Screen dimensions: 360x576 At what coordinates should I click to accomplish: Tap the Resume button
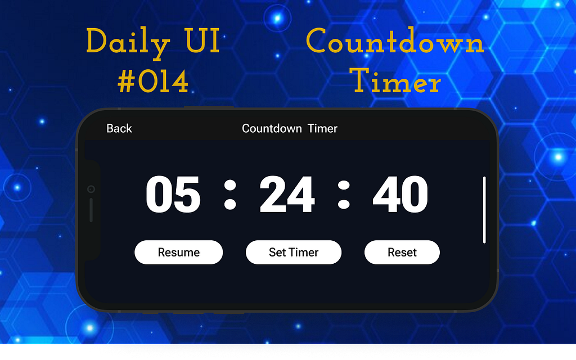(x=178, y=253)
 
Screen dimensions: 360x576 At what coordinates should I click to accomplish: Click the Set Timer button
(x=294, y=253)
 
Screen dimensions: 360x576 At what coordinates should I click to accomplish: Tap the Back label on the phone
(x=119, y=128)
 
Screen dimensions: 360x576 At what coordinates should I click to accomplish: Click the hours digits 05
(x=173, y=195)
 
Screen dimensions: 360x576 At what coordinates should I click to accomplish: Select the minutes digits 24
(x=287, y=195)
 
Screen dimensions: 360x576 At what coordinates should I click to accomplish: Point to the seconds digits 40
(x=400, y=195)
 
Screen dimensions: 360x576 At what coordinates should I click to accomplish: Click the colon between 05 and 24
(x=229, y=195)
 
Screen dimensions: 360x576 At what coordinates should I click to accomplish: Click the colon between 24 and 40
(x=344, y=195)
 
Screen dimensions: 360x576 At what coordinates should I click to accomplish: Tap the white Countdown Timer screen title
(x=289, y=128)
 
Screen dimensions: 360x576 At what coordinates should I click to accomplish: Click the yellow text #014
(x=153, y=82)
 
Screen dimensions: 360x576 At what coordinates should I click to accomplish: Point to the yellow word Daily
(x=127, y=43)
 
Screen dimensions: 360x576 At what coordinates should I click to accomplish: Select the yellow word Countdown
(x=395, y=43)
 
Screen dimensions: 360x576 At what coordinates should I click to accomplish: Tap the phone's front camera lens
(x=91, y=189)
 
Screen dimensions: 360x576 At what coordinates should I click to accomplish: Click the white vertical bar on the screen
(x=484, y=209)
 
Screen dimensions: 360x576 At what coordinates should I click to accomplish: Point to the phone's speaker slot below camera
(x=91, y=210)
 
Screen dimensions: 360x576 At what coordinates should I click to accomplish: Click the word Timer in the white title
(x=322, y=128)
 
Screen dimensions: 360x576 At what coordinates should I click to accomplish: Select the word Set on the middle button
(x=277, y=253)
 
